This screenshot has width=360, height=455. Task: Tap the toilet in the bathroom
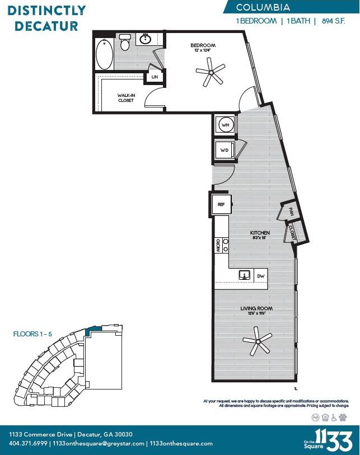125,41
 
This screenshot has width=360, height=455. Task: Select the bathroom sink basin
146,39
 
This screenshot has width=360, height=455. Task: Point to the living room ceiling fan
257,341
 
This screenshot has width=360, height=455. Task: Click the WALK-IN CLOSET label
125,98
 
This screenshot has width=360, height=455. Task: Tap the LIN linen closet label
154,77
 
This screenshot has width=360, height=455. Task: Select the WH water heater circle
225,125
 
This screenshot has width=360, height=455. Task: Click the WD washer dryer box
225,150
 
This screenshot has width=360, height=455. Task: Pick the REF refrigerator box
222,205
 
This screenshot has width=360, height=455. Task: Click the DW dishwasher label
260,276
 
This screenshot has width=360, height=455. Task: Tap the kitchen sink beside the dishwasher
245,275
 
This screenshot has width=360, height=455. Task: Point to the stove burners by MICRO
225,245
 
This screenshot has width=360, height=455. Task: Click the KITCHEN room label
259,232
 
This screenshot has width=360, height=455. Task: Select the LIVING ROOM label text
256,308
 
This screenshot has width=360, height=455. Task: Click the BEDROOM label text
203,45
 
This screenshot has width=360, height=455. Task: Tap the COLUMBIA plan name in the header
263,7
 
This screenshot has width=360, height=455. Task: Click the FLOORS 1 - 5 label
32,334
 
